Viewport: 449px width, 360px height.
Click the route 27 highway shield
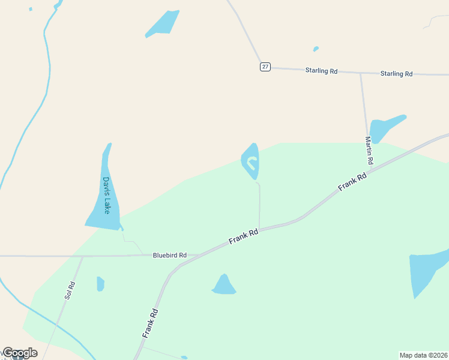[265, 67]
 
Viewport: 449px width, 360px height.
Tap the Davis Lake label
[106, 195]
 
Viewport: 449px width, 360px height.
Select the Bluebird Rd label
[169, 255]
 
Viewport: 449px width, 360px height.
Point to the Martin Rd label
[369, 151]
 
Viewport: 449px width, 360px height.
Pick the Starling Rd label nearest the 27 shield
[321, 71]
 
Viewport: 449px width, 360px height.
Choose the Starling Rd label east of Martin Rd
[396, 74]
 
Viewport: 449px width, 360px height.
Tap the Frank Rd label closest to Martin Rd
[352, 182]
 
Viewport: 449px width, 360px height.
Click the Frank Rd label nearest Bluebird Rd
[243, 236]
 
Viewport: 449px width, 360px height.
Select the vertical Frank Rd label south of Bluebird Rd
[151, 322]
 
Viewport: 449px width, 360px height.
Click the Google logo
[19, 353]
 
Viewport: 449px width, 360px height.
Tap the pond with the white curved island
[251, 161]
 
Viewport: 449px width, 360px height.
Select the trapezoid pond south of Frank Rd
[224, 285]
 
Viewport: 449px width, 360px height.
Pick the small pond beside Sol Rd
[100, 284]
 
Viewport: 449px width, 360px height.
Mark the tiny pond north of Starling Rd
[316, 49]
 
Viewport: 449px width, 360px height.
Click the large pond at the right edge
[427, 270]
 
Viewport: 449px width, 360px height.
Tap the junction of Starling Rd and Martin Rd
[361, 73]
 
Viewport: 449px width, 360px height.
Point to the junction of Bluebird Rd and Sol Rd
[82, 256]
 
